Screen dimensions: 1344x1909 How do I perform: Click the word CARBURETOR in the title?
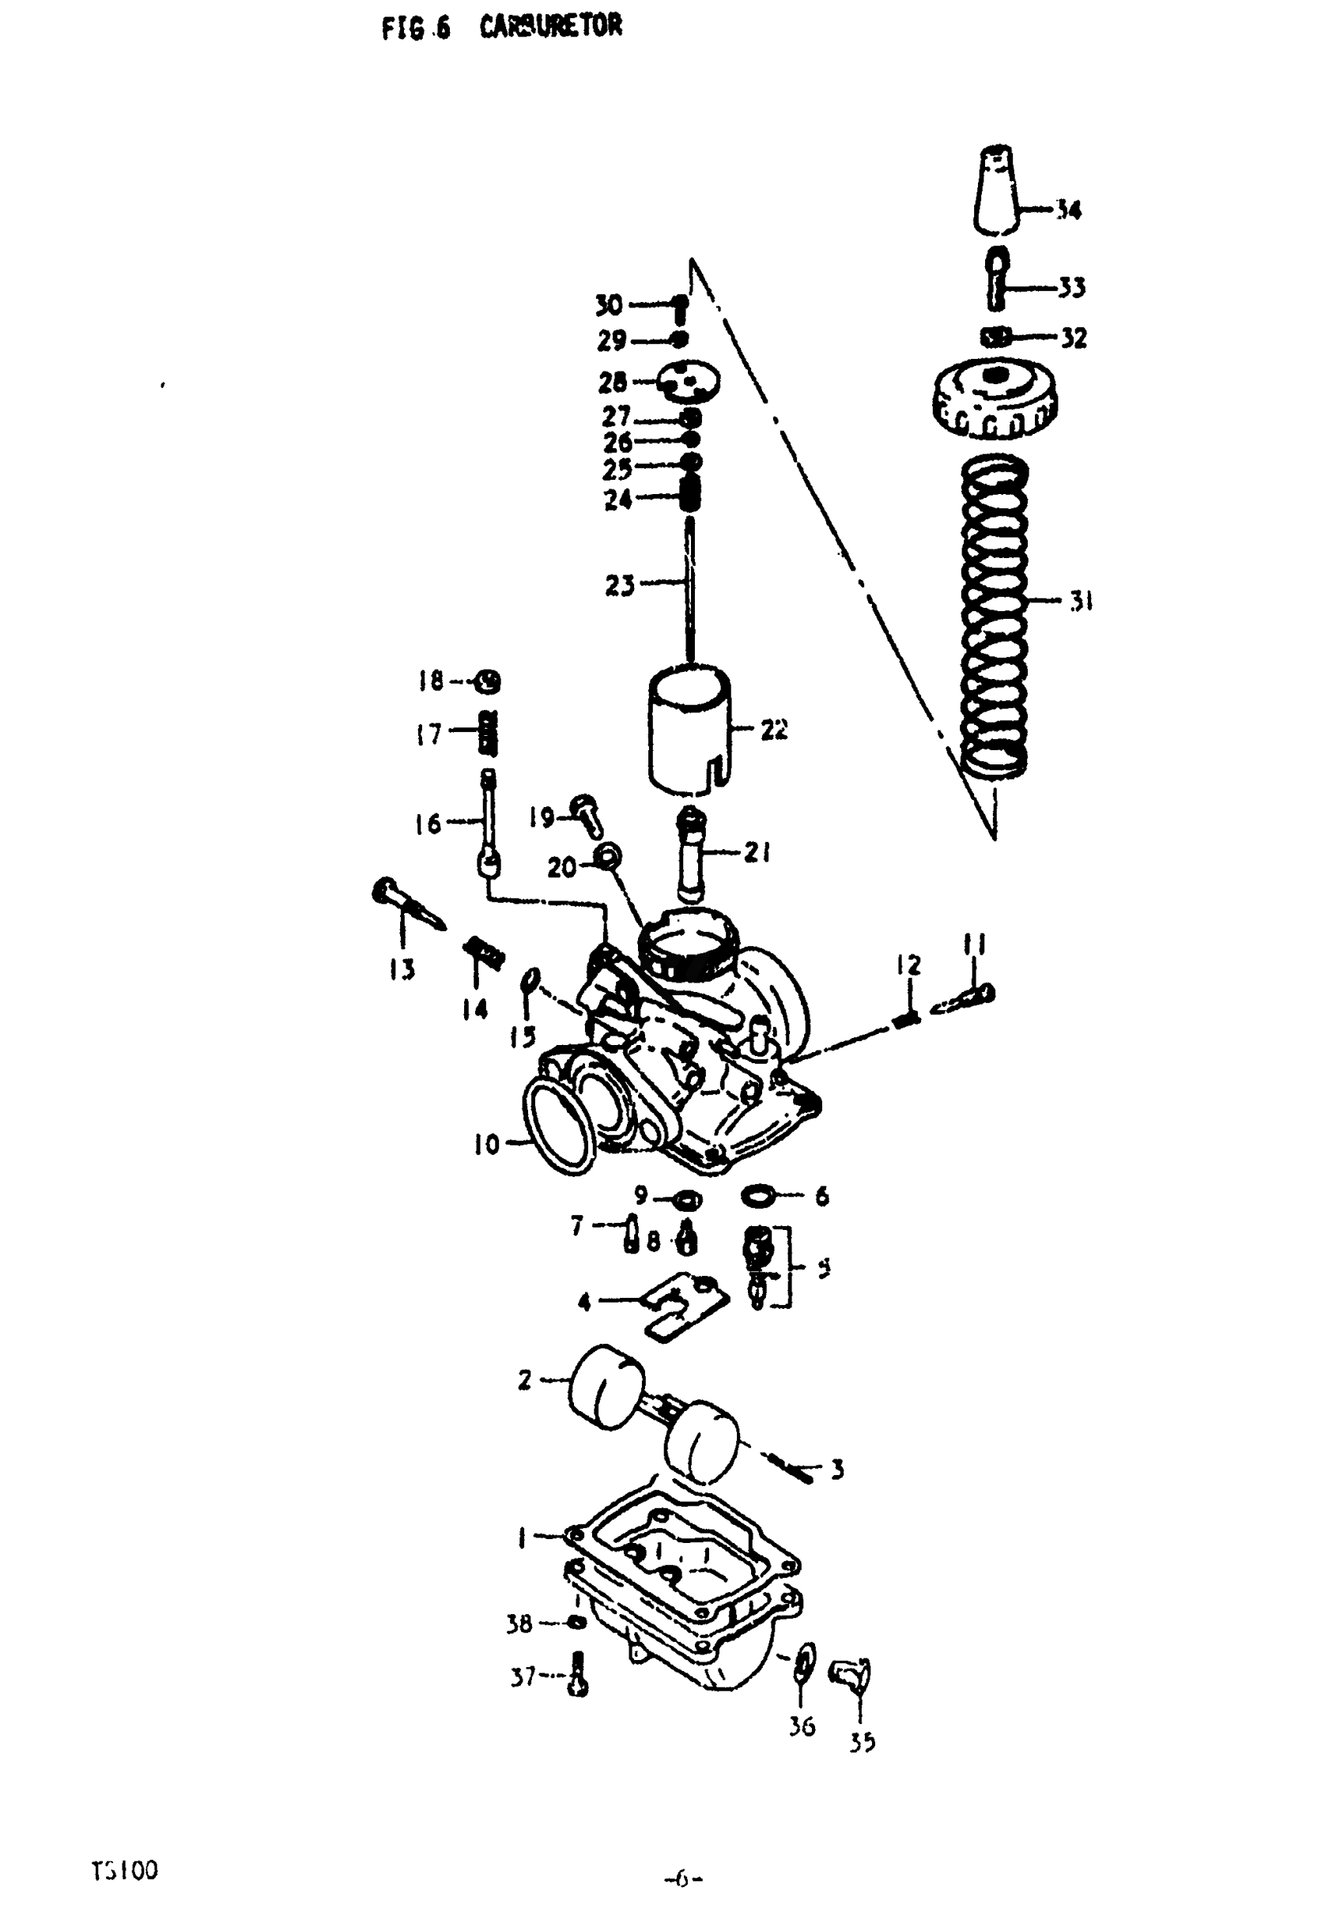point(549,27)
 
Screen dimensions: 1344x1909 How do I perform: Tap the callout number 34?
point(1068,210)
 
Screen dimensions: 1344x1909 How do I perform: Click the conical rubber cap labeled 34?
point(995,192)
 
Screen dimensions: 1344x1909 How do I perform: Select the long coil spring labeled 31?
point(993,615)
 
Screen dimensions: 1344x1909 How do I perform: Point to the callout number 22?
point(773,731)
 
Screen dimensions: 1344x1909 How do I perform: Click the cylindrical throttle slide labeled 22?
point(689,727)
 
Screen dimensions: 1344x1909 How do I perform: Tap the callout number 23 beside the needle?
point(620,587)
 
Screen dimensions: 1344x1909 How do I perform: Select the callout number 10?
point(486,1145)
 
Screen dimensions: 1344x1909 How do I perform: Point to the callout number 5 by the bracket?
point(822,1270)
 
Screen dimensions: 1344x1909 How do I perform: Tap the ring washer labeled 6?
point(757,1197)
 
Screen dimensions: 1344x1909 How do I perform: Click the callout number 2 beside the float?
point(524,1380)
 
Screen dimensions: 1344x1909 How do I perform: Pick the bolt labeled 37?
point(580,1678)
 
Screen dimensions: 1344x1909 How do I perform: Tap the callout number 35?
point(863,1742)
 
